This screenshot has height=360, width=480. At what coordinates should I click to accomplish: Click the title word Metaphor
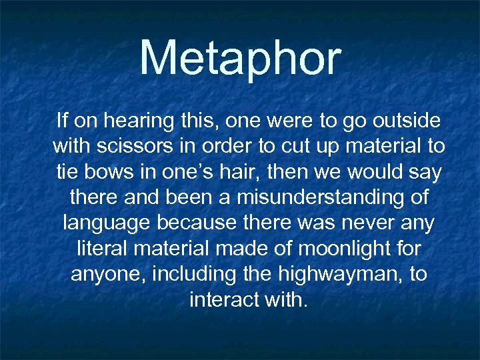(240, 59)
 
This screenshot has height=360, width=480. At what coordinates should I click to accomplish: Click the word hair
(239, 172)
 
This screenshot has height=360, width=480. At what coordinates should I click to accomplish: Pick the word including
(198, 274)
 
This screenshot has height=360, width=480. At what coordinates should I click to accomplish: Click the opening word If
(63, 121)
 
